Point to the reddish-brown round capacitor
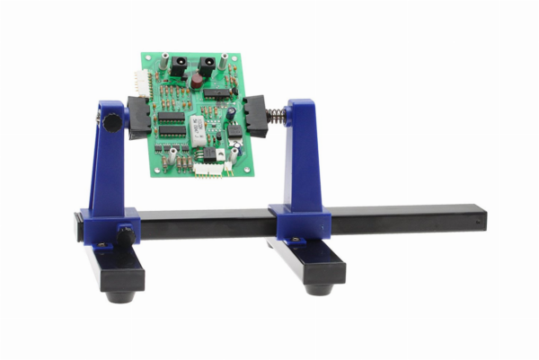tap(195, 82)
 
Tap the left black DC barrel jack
tap(177, 66)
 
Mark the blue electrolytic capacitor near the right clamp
tap(231, 113)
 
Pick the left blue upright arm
tap(107, 171)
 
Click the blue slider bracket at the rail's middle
tap(299, 224)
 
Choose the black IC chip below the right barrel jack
tap(216, 92)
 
